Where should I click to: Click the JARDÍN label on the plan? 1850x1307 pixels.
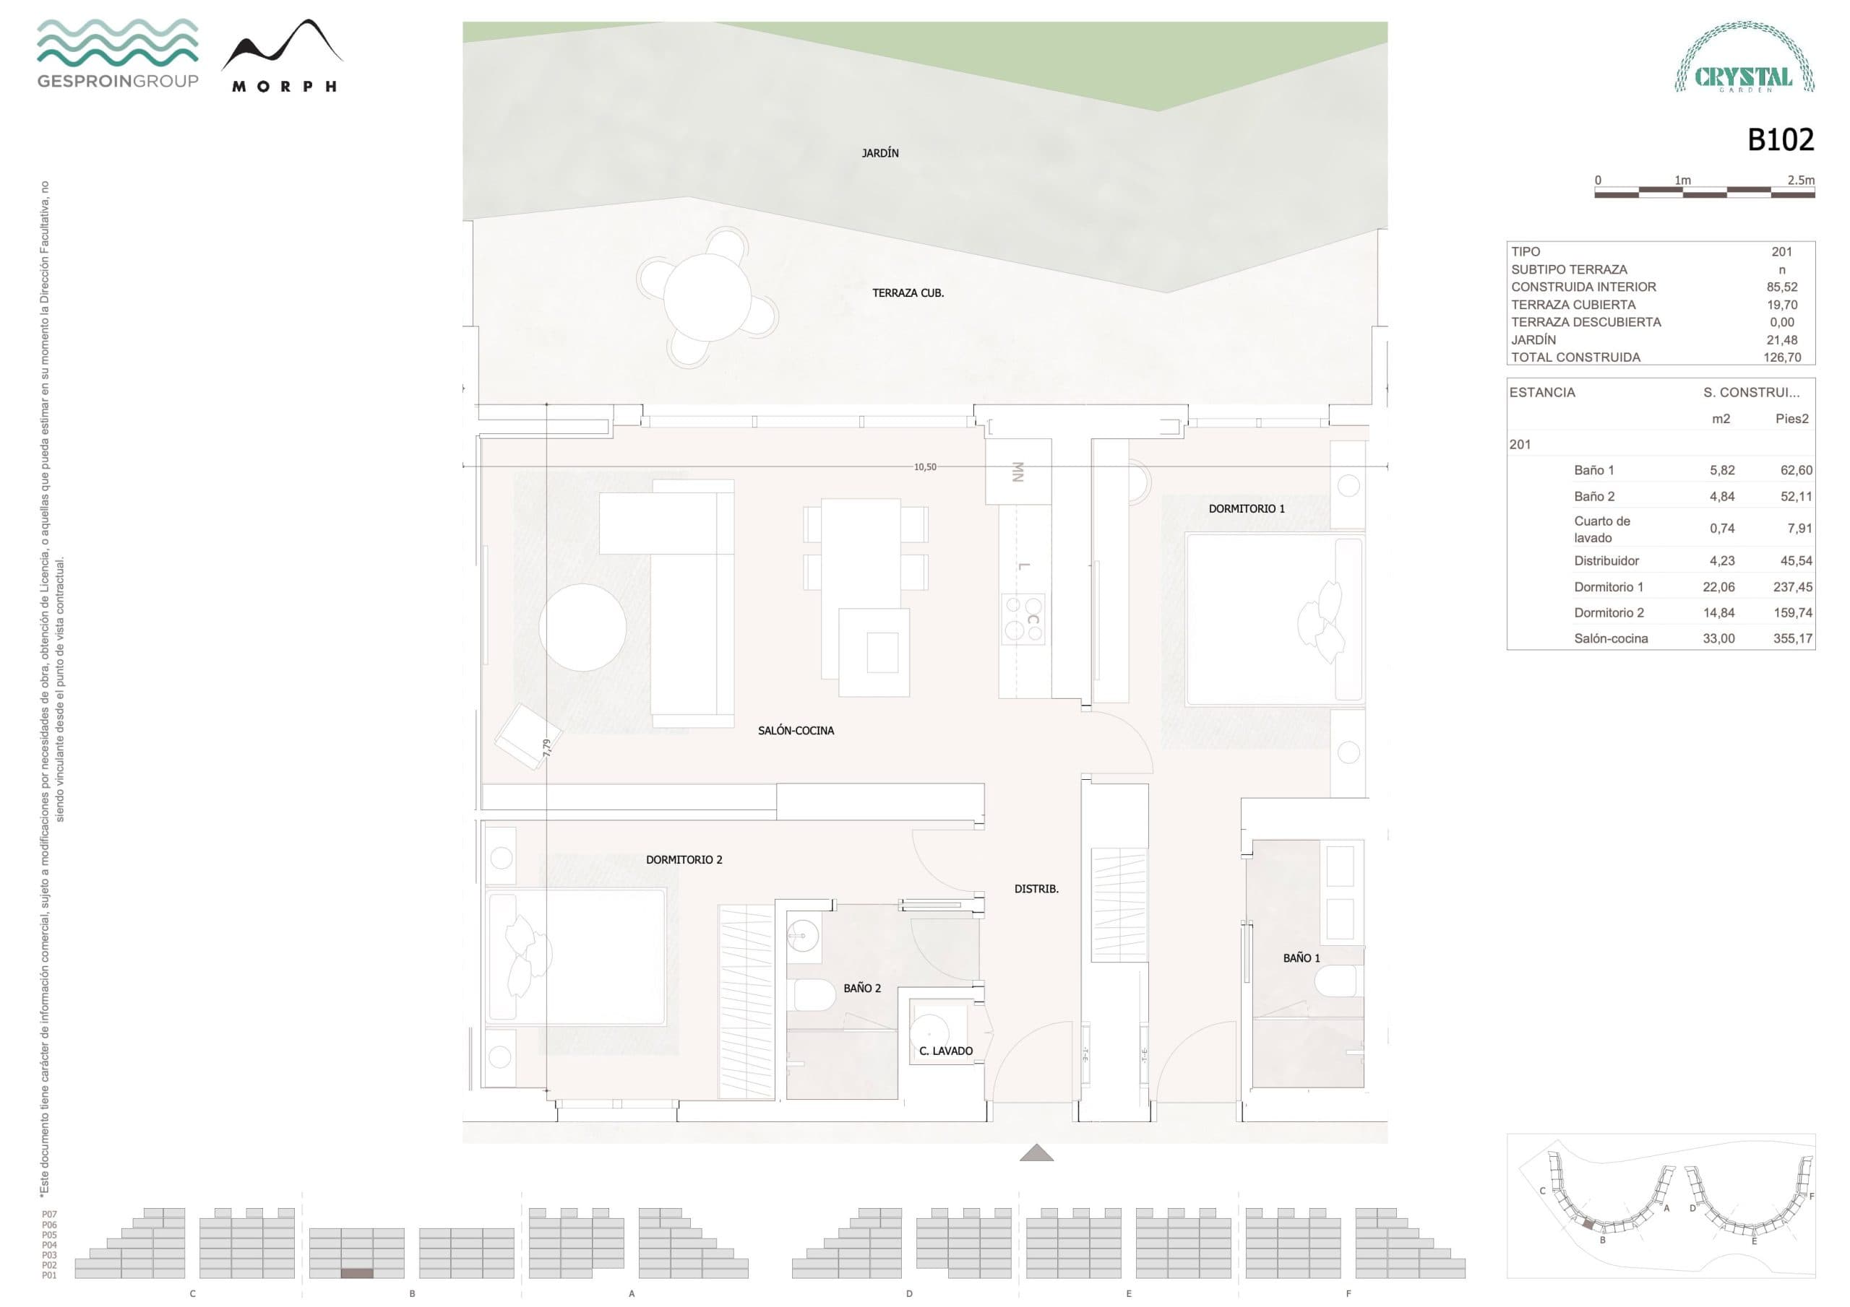(x=880, y=153)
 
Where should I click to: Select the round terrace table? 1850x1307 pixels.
(x=707, y=296)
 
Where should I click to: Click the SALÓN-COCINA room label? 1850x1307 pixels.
(x=795, y=731)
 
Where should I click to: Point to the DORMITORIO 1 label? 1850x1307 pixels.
(x=1246, y=509)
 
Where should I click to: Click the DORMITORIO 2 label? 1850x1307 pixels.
(x=684, y=860)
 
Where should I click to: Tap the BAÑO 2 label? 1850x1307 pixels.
(x=861, y=988)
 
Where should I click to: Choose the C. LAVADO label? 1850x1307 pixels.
(x=945, y=1051)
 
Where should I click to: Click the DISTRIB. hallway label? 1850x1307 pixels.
(x=1036, y=889)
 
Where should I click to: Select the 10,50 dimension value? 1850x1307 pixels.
(x=925, y=467)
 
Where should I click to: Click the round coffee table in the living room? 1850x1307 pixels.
(x=582, y=628)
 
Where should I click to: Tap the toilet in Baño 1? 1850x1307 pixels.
(x=1338, y=981)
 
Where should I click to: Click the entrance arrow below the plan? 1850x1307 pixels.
(x=1036, y=1153)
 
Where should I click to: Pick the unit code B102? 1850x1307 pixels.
(x=1780, y=140)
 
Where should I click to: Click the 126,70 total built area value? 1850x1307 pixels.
(x=1781, y=357)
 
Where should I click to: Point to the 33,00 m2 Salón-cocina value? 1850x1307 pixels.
(x=1718, y=638)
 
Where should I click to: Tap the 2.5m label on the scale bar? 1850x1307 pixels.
(x=1800, y=181)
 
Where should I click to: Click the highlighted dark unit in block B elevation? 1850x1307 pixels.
(x=357, y=1273)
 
